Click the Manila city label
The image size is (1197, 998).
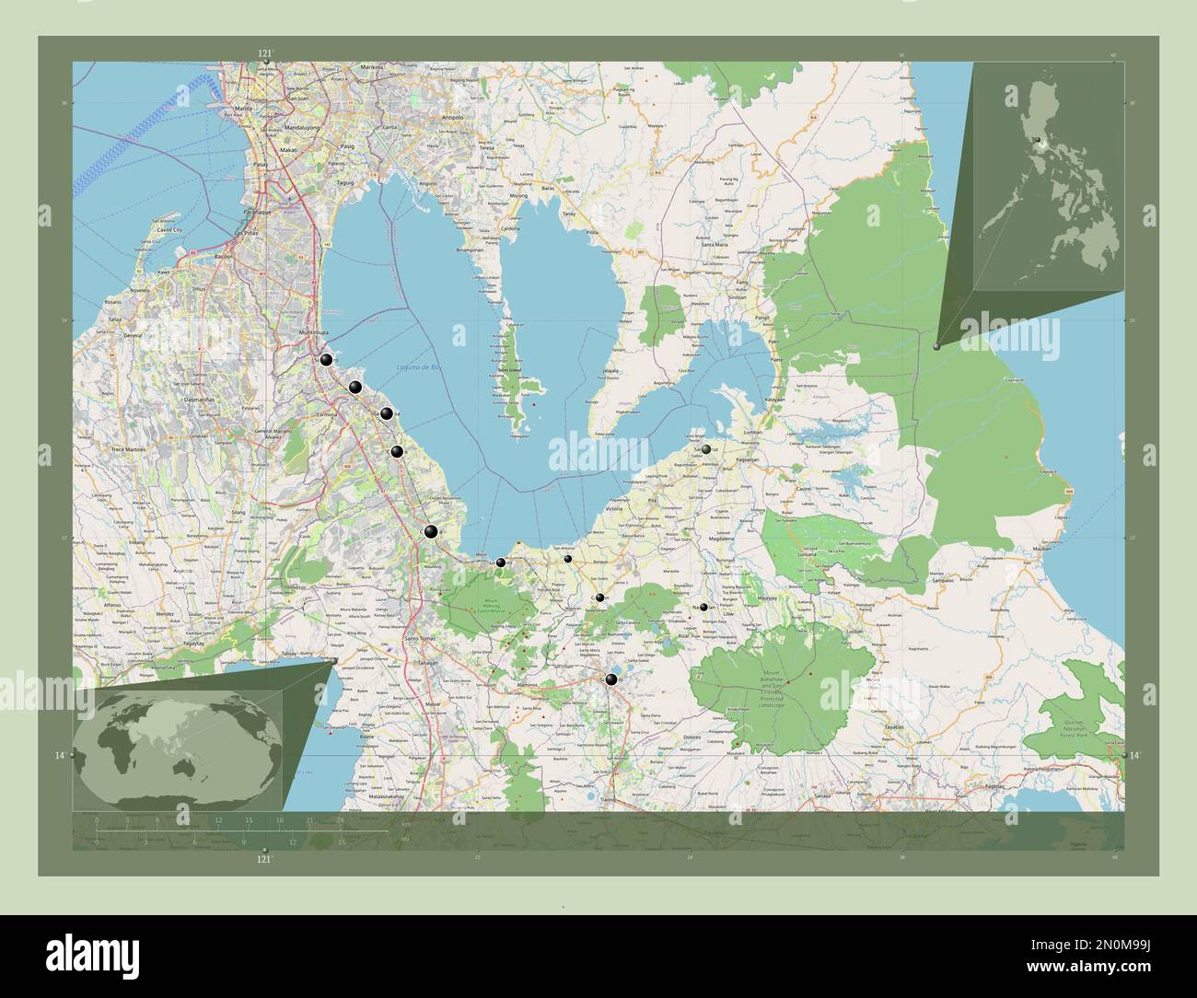(243, 109)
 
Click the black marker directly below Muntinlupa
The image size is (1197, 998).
(326, 360)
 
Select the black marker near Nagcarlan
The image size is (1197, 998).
(704, 608)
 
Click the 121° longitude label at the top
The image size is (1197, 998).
(265, 54)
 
